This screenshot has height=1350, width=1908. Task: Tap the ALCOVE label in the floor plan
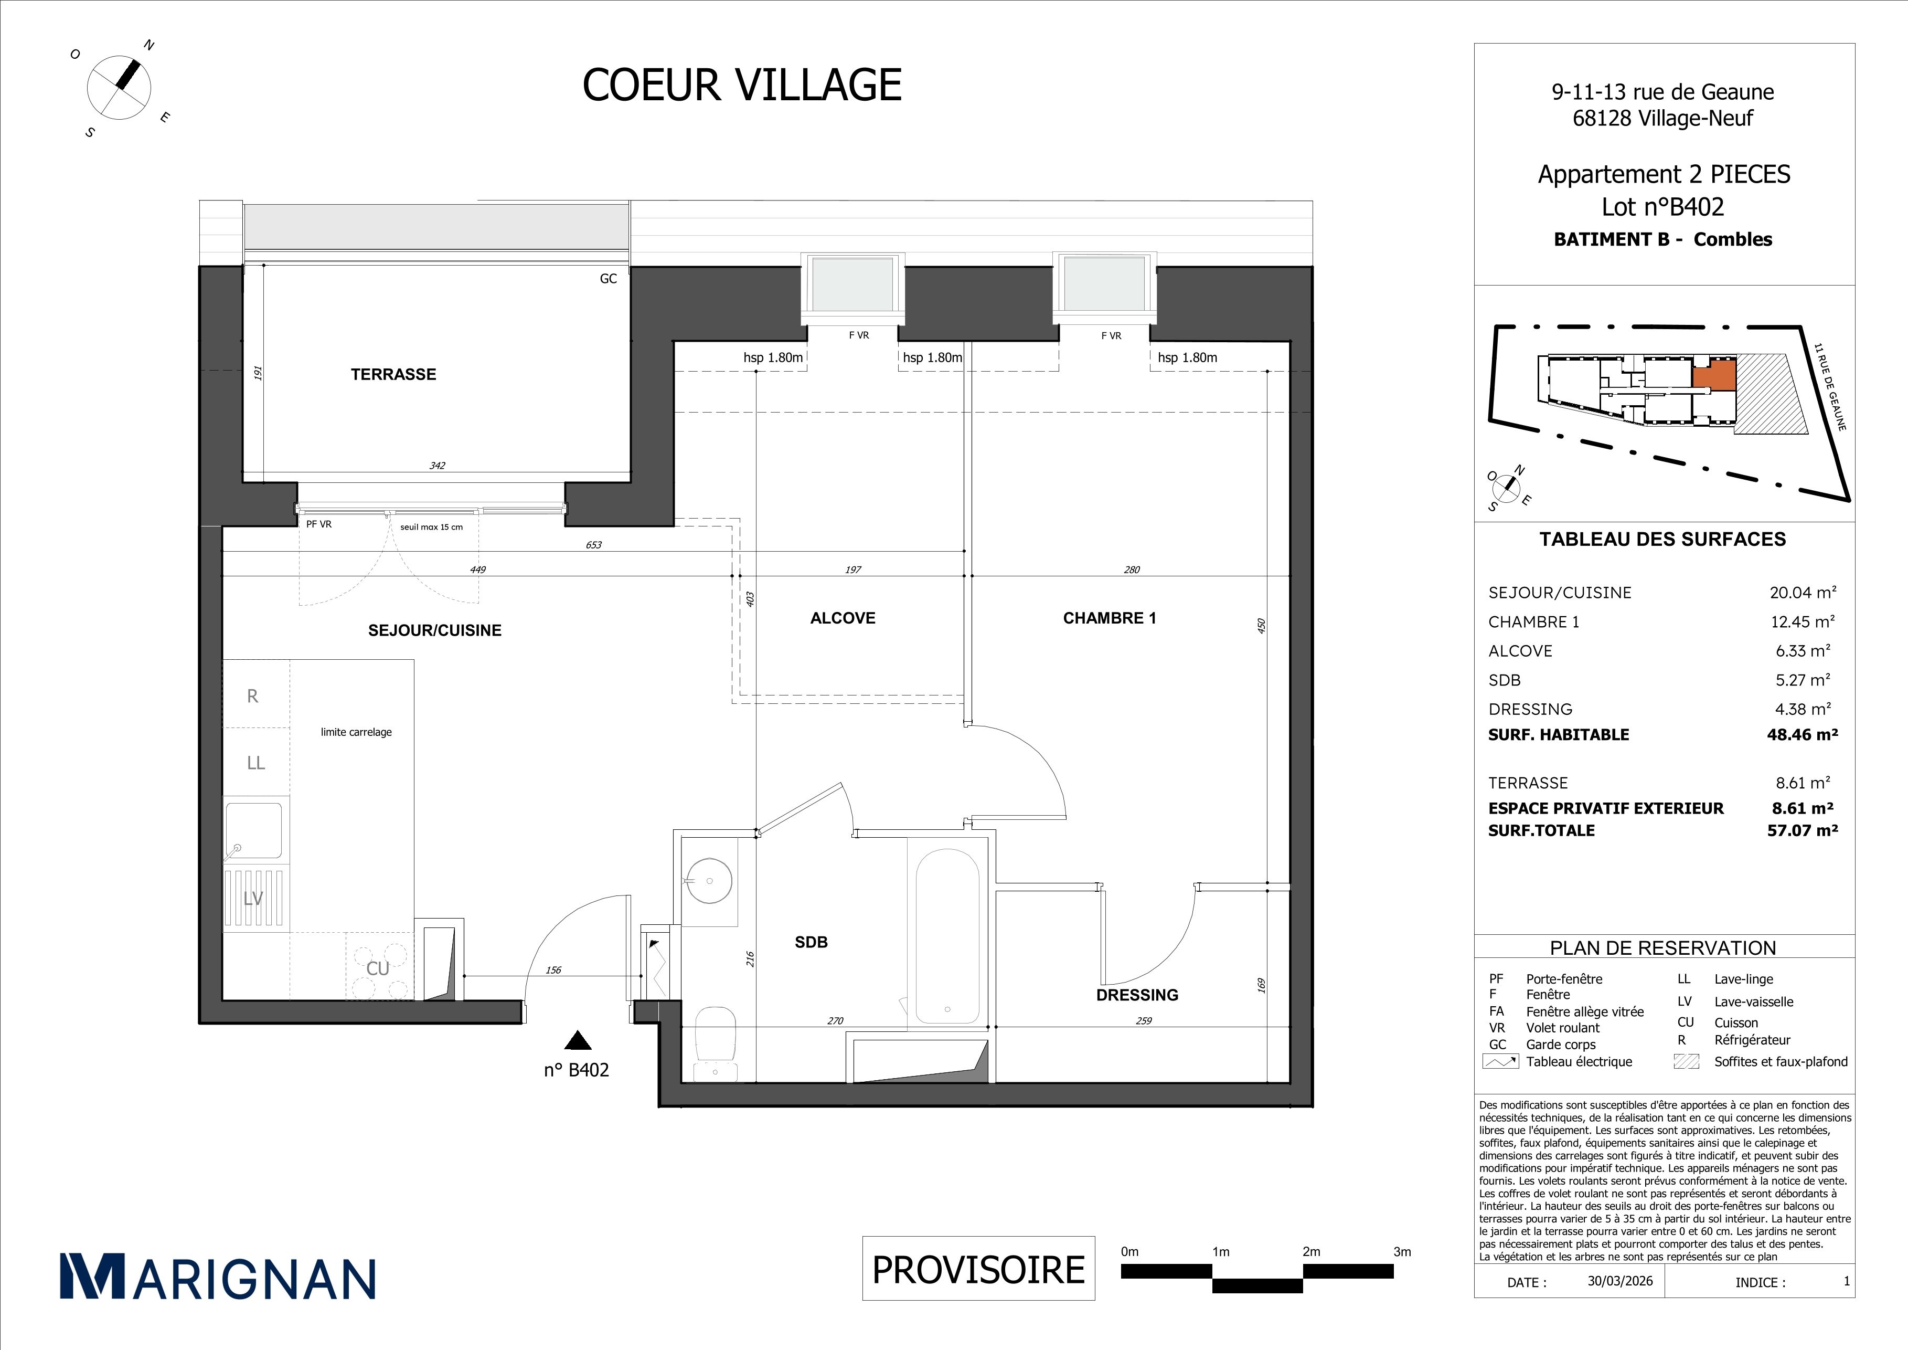(843, 618)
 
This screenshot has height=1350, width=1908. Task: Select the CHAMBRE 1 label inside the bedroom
(1110, 618)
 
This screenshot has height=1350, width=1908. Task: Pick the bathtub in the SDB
(947, 936)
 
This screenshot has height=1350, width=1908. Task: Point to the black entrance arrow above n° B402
(578, 1041)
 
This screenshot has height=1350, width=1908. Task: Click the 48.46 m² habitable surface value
(1802, 734)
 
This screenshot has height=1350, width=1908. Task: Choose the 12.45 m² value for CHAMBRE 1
(1802, 621)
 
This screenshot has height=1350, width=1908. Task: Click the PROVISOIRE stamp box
(978, 1269)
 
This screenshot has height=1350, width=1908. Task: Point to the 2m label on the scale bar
(1312, 1251)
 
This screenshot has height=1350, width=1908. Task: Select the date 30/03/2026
(1619, 1280)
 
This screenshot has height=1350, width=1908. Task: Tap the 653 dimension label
(593, 544)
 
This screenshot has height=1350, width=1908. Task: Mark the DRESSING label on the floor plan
(1137, 995)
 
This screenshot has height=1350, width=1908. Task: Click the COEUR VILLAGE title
(742, 85)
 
